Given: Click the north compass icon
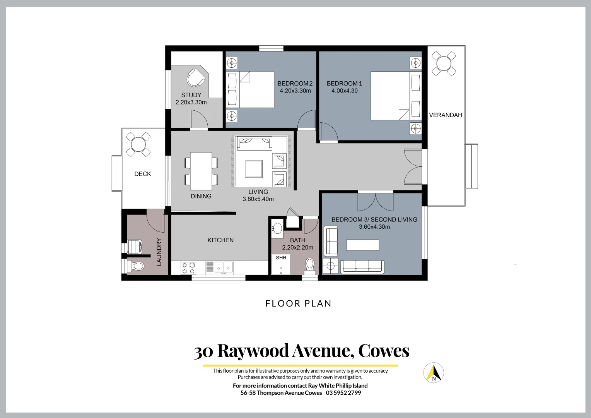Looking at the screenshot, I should click(433, 373).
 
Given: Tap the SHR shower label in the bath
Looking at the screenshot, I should click(281, 258).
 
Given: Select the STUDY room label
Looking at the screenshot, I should click(191, 95).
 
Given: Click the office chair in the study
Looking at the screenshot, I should click(196, 77).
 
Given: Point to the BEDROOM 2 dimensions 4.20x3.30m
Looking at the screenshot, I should click(295, 91).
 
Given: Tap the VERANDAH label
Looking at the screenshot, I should click(446, 115).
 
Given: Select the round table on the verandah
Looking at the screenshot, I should click(444, 63).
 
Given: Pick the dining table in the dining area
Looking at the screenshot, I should click(201, 168).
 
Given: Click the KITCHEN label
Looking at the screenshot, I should click(220, 240).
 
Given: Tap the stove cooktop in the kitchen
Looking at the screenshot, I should click(188, 268).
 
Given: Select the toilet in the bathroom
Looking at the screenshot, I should click(310, 266).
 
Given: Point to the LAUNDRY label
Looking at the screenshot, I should click(159, 252).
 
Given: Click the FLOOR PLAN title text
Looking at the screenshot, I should click(298, 303).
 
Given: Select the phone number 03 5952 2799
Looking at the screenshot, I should click(343, 393).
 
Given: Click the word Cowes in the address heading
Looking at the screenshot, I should click(383, 351).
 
